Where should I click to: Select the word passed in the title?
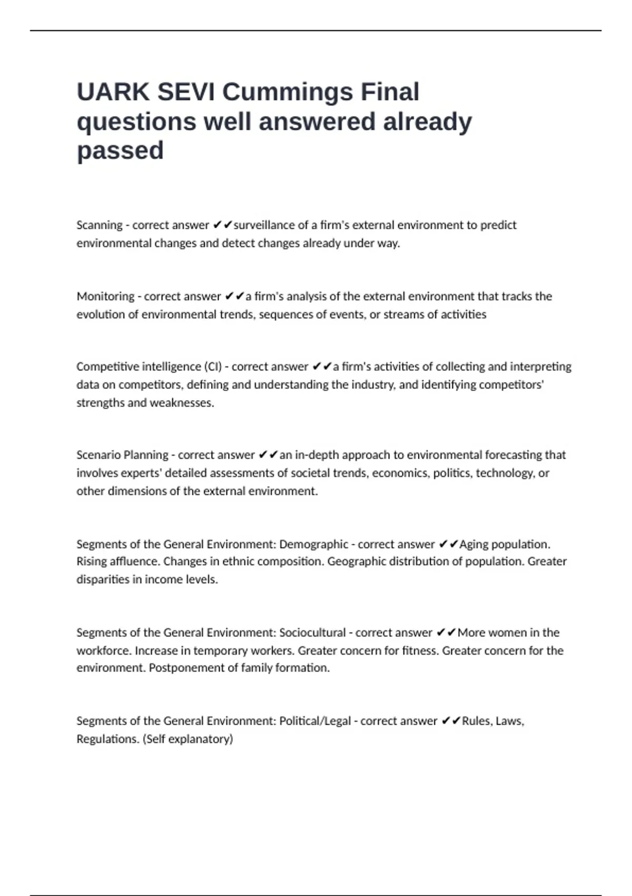(120, 151)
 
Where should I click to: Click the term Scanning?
(100, 225)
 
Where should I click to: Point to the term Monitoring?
(105, 296)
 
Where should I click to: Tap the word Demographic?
(314, 544)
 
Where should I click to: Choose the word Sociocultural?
(312, 632)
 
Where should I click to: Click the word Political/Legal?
(315, 720)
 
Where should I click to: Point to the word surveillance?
(264, 225)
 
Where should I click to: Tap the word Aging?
(473, 544)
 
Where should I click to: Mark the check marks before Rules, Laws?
(451, 720)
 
